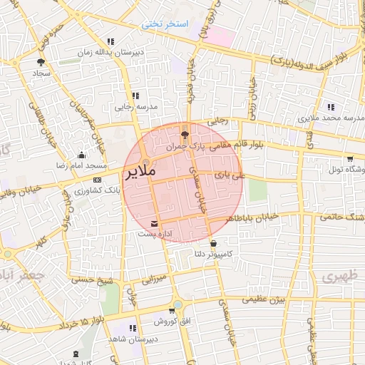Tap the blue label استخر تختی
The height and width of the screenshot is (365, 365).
point(164,24)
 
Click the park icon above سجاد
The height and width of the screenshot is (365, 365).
point(39,62)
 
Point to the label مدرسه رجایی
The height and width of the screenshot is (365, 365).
point(135,107)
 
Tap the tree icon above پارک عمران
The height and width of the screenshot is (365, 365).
point(185,134)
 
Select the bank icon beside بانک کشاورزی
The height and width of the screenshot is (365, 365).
point(97,180)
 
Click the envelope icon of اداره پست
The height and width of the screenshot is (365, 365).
point(155,225)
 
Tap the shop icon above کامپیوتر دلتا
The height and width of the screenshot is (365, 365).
point(213,243)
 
